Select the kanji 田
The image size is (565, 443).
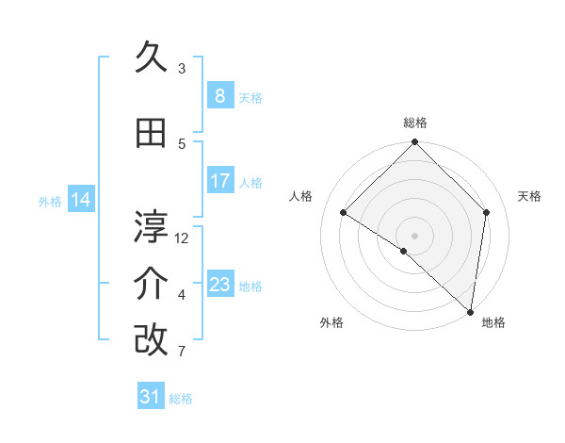tap(151, 135)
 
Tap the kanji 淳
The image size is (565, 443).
tap(151, 226)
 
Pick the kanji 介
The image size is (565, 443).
tap(151, 284)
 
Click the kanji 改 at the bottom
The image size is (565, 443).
tap(151, 340)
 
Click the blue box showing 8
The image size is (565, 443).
tap(219, 96)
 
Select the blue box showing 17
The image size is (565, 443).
tap(219, 181)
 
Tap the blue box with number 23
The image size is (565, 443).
tap(219, 285)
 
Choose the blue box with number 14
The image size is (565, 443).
tap(81, 200)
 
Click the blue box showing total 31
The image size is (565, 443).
tap(151, 397)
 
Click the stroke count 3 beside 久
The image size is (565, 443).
tap(182, 69)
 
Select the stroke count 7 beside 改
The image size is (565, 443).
tap(182, 352)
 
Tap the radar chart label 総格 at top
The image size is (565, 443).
tap(415, 123)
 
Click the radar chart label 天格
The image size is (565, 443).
tap(529, 196)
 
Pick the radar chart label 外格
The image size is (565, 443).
tap(331, 322)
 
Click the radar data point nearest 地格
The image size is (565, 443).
tap(470, 311)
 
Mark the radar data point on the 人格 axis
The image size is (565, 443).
tap(344, 213)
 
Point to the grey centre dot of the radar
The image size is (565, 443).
tap(414, 235)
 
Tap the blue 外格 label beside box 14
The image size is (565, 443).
tap(49, 201)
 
